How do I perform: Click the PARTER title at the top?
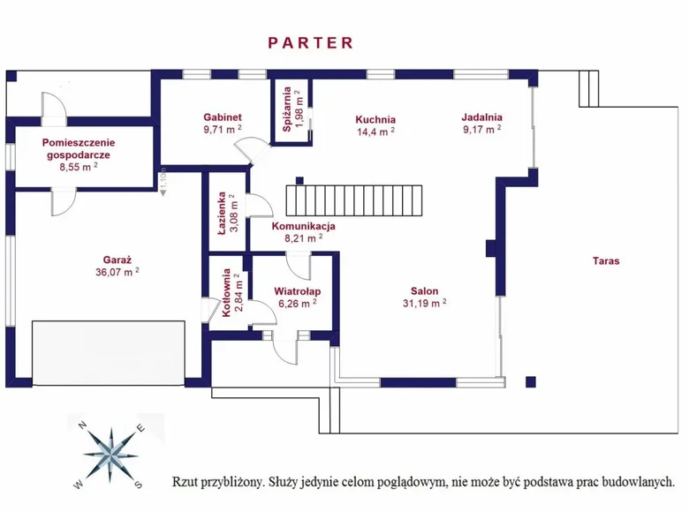click(310, 42)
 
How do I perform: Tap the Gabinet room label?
click(223, 117)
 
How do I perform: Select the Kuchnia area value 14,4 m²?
click(375, 132)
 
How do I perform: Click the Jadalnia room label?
click(481, 116)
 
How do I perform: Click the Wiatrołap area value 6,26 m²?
click(296, 303)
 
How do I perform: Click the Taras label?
click(606, 260)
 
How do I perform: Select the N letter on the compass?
click(82, 425)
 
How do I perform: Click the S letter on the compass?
click(138, 483)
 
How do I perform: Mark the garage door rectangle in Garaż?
click(108, 352)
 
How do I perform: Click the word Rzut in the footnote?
click(186, 482)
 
